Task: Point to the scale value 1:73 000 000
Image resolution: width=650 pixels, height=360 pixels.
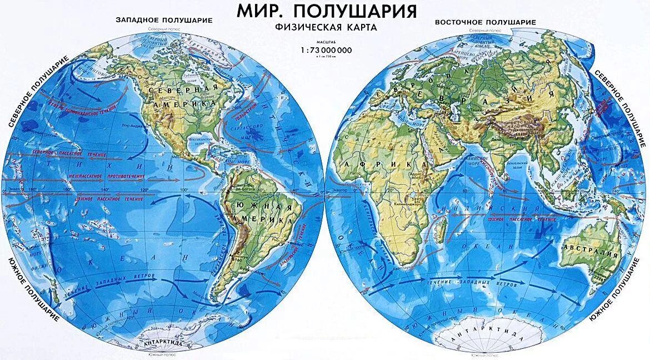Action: click(x=326, y=50)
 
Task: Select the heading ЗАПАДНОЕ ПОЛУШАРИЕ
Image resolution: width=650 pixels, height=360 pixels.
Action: click(x=164, y=19)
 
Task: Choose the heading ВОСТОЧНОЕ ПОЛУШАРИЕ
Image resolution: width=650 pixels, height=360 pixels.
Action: click(x=485, y=22)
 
